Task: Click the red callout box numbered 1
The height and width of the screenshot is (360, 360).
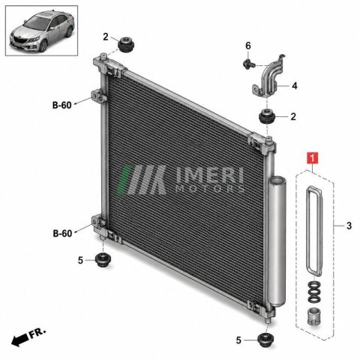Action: (312, 158)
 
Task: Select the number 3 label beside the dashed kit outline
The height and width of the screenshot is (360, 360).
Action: (349, 226)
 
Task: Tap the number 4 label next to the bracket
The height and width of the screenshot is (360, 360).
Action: (295, 85)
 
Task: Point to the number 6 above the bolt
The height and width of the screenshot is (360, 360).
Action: (248, 46)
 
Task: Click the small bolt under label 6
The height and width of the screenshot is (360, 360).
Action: (249, 64)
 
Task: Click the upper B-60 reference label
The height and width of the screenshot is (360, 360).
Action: (62, 105)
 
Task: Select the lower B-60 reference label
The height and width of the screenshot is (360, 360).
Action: (62, 233)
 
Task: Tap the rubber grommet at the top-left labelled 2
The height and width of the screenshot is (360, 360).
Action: (126, 44)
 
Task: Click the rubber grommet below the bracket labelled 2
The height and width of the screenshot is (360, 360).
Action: (267, 116)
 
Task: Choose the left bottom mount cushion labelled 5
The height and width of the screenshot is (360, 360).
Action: (103, 259)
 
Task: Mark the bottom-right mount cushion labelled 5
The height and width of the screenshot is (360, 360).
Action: (265, 340)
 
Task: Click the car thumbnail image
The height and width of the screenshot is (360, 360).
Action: (42, 31)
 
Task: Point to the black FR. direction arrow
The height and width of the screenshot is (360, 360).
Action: (20, 340)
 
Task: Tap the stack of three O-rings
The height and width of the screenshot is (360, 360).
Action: (313, 292)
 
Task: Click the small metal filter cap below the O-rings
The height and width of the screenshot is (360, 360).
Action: (313, 316)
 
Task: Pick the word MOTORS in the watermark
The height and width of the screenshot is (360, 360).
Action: (209, 188)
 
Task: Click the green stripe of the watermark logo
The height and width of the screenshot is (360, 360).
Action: (124, 179)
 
